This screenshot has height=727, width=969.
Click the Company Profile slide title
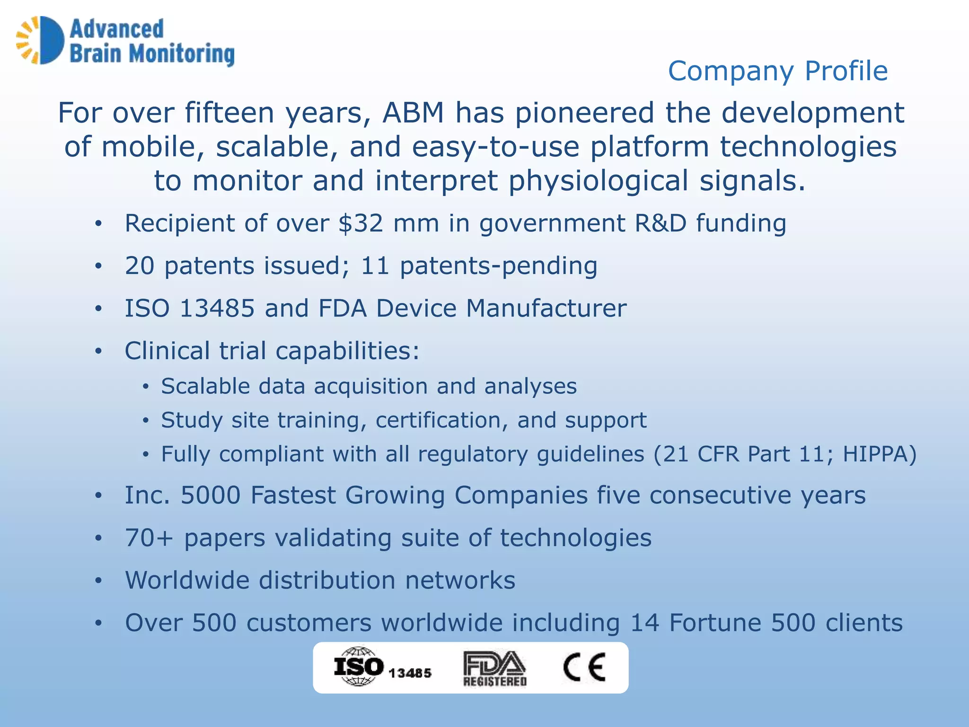pos(777,71)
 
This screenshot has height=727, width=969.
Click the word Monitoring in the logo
pos(182,54)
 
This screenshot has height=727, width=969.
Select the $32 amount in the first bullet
pos(361,223)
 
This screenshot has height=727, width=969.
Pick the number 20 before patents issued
pos(139,266)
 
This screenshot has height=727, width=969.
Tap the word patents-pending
pos(498,266)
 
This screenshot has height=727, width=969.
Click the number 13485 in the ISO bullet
pos(217,308)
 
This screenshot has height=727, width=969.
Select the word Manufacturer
pos(546,308)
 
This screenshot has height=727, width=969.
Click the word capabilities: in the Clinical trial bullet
pos(347,351)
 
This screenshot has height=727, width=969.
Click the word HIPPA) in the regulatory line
pos(880,454)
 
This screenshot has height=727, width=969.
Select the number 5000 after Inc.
pos(211,496)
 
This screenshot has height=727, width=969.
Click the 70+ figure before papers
pos(149,538)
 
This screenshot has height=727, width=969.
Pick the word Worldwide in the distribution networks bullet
pos(186,580)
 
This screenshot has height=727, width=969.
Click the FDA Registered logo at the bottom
pos(494,668)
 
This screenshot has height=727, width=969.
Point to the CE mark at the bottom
pos(584,667)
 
